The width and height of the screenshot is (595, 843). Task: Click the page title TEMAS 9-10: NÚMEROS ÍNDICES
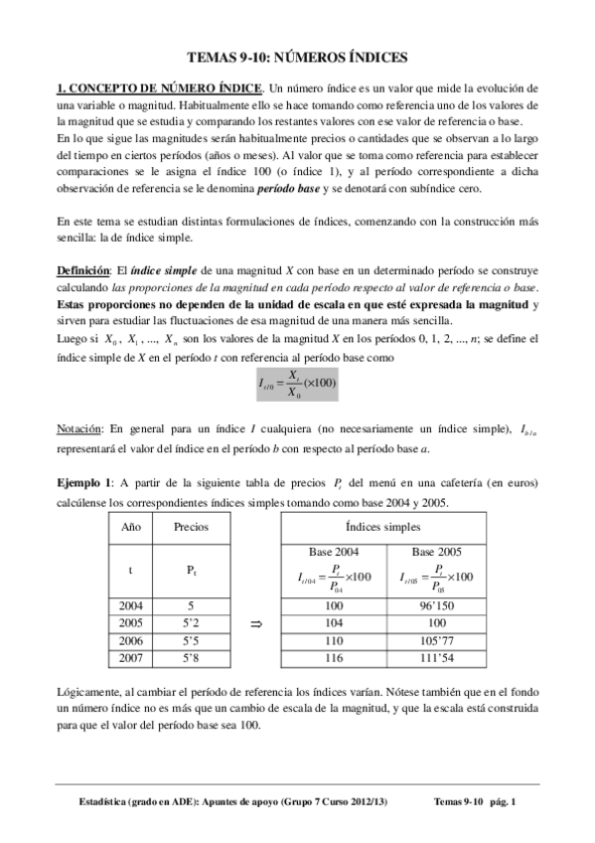tap(297, 58)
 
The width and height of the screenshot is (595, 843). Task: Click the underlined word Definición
tap(82, 270)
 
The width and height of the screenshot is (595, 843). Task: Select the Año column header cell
tap(130, 527)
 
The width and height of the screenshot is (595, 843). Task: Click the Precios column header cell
tap(192, 527)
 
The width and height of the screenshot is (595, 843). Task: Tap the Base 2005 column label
tap(436, 551)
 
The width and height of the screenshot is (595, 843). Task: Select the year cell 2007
tap(130, 658)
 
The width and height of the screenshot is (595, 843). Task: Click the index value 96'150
tap(436, 604)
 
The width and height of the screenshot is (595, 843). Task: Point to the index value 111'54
tap(436, 658)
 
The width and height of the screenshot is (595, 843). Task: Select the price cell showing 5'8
tap(192, 658)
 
